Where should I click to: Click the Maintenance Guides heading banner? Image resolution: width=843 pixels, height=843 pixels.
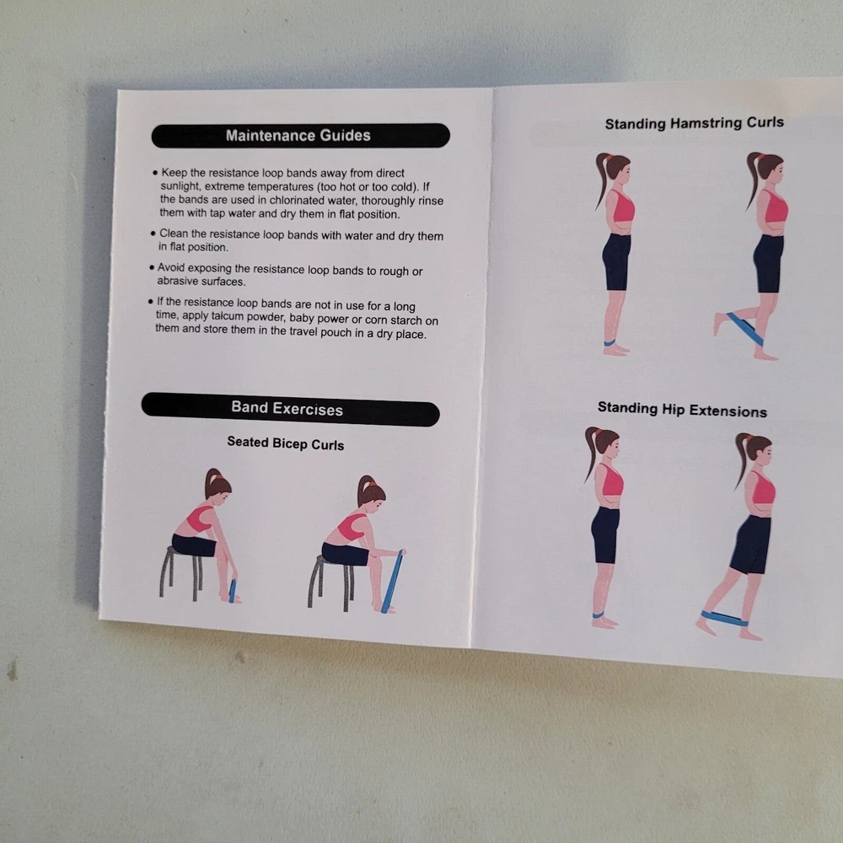tap(301, 136)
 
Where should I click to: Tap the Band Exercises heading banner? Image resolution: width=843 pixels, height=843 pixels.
tap(290, 409)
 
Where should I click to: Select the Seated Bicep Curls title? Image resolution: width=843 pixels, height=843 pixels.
tap(286, 443)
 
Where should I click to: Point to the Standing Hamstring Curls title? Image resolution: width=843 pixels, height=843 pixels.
tap(694, 123)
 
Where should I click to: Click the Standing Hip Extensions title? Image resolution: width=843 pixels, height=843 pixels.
tap(682, 410)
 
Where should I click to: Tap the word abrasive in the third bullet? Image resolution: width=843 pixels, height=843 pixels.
tap(176, 282)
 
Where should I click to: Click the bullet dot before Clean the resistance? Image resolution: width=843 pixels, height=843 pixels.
tap(153, 234)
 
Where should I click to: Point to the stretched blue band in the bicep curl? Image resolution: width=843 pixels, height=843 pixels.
tap(393, 581)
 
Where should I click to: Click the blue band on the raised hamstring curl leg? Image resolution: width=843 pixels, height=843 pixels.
tap(744, 329)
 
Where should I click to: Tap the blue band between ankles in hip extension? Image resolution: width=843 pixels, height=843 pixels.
tap(724, 618)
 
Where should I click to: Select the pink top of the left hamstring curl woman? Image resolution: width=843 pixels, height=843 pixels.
tap(621, 207)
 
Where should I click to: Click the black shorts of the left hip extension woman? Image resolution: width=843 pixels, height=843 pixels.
tap(605, 534)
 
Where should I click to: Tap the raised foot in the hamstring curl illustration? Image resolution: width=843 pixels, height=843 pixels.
tap(718, 324)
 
